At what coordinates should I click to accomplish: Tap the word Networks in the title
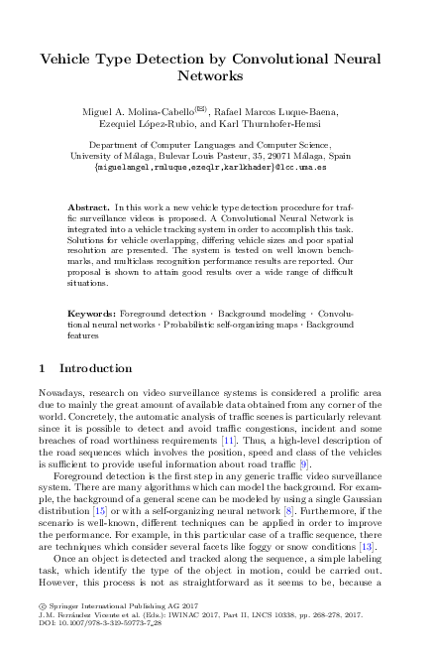pos(217,75)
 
